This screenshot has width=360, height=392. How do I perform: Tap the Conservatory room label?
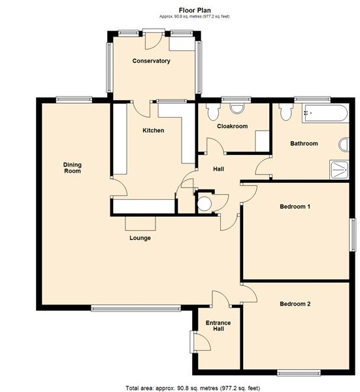click(x=151, y=61)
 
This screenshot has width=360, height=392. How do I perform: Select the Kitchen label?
click(x=153, y=131)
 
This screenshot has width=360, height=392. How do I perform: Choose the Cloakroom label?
click(x=232, y=126)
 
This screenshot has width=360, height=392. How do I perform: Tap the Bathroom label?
click(x=304, y=144)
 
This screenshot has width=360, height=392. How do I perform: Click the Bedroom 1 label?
click(x=295, y=207)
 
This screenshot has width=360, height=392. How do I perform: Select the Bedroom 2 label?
click(x=295, y=304)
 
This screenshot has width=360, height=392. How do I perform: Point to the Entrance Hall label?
click(x=215, y=325)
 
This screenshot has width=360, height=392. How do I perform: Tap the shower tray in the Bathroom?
click(x=339, y=169)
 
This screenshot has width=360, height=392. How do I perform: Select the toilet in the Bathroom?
click(x=285, y=113)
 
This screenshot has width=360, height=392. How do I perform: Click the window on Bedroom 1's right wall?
click(x=353, y=233)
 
